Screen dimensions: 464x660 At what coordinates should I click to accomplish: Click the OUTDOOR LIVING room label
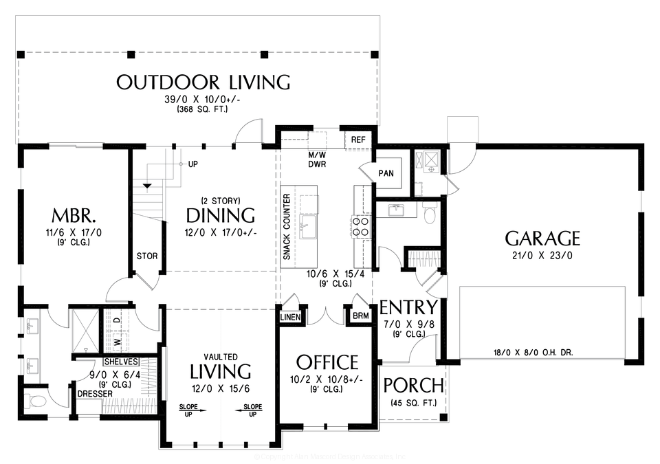(203, 82)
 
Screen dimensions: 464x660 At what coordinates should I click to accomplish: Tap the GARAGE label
(542, 239)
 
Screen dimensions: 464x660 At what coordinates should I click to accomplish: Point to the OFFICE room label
(327, 362)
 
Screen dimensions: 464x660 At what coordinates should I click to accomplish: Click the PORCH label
(413, 385)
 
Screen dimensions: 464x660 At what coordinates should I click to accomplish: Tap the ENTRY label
(408, 307)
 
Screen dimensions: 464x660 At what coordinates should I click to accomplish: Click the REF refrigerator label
(358, 140)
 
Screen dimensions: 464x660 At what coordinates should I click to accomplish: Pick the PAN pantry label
(386, 173)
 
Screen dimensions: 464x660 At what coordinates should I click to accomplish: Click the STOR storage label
(147, 256)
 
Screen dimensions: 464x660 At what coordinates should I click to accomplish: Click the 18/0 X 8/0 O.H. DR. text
(533, 353)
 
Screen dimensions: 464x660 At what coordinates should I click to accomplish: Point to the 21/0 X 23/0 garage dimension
(542, 255)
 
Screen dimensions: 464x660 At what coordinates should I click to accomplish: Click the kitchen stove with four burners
(362, 226)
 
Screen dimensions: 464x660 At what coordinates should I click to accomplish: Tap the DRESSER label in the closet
(90, 394)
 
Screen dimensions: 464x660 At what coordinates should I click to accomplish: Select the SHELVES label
(122, 362)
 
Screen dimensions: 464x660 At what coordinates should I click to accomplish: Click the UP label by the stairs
(192, 165)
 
